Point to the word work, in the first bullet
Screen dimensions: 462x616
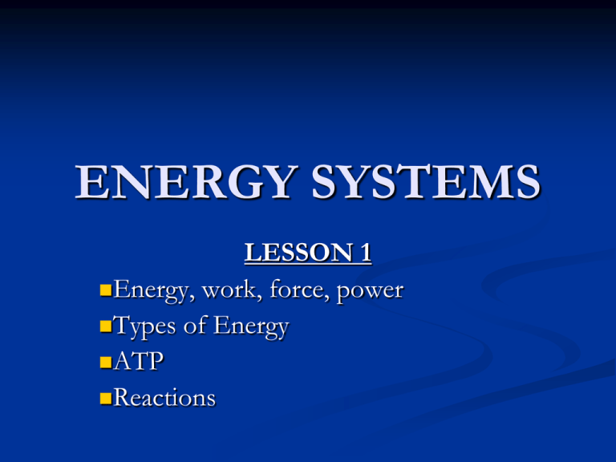(225, 290)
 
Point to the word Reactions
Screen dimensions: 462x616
(164, 397)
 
